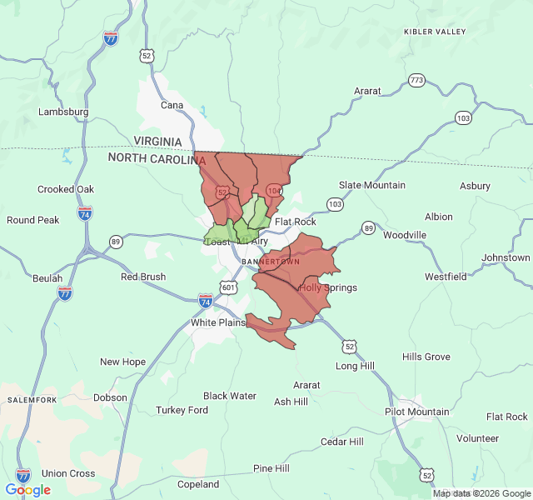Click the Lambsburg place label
click(x=63, y=112)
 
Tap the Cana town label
click(x=172, y=105)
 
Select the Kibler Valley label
click(x=435, y=32)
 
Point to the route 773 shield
click(x=416, y=81)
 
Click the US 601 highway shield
click(x=228, y=287)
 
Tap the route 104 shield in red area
click(x=273, y=191)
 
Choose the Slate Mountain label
click(x=372, y=185)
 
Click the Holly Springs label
click(x=327, y=288)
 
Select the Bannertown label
click(x=270, y=262)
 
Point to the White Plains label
click(x=218, y=322)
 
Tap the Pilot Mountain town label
click(x=416, y=412)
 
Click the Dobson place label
click(x=110, y=397)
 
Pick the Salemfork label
click(x=32, y=400)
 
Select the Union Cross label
click(x=68, y=473)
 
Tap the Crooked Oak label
click(x=67, y=189)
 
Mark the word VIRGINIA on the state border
click(x=163, y=142)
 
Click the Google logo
click(x=27, y=490)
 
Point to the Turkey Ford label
click(x=182, y=410)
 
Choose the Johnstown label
click(x=506, y=257)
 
